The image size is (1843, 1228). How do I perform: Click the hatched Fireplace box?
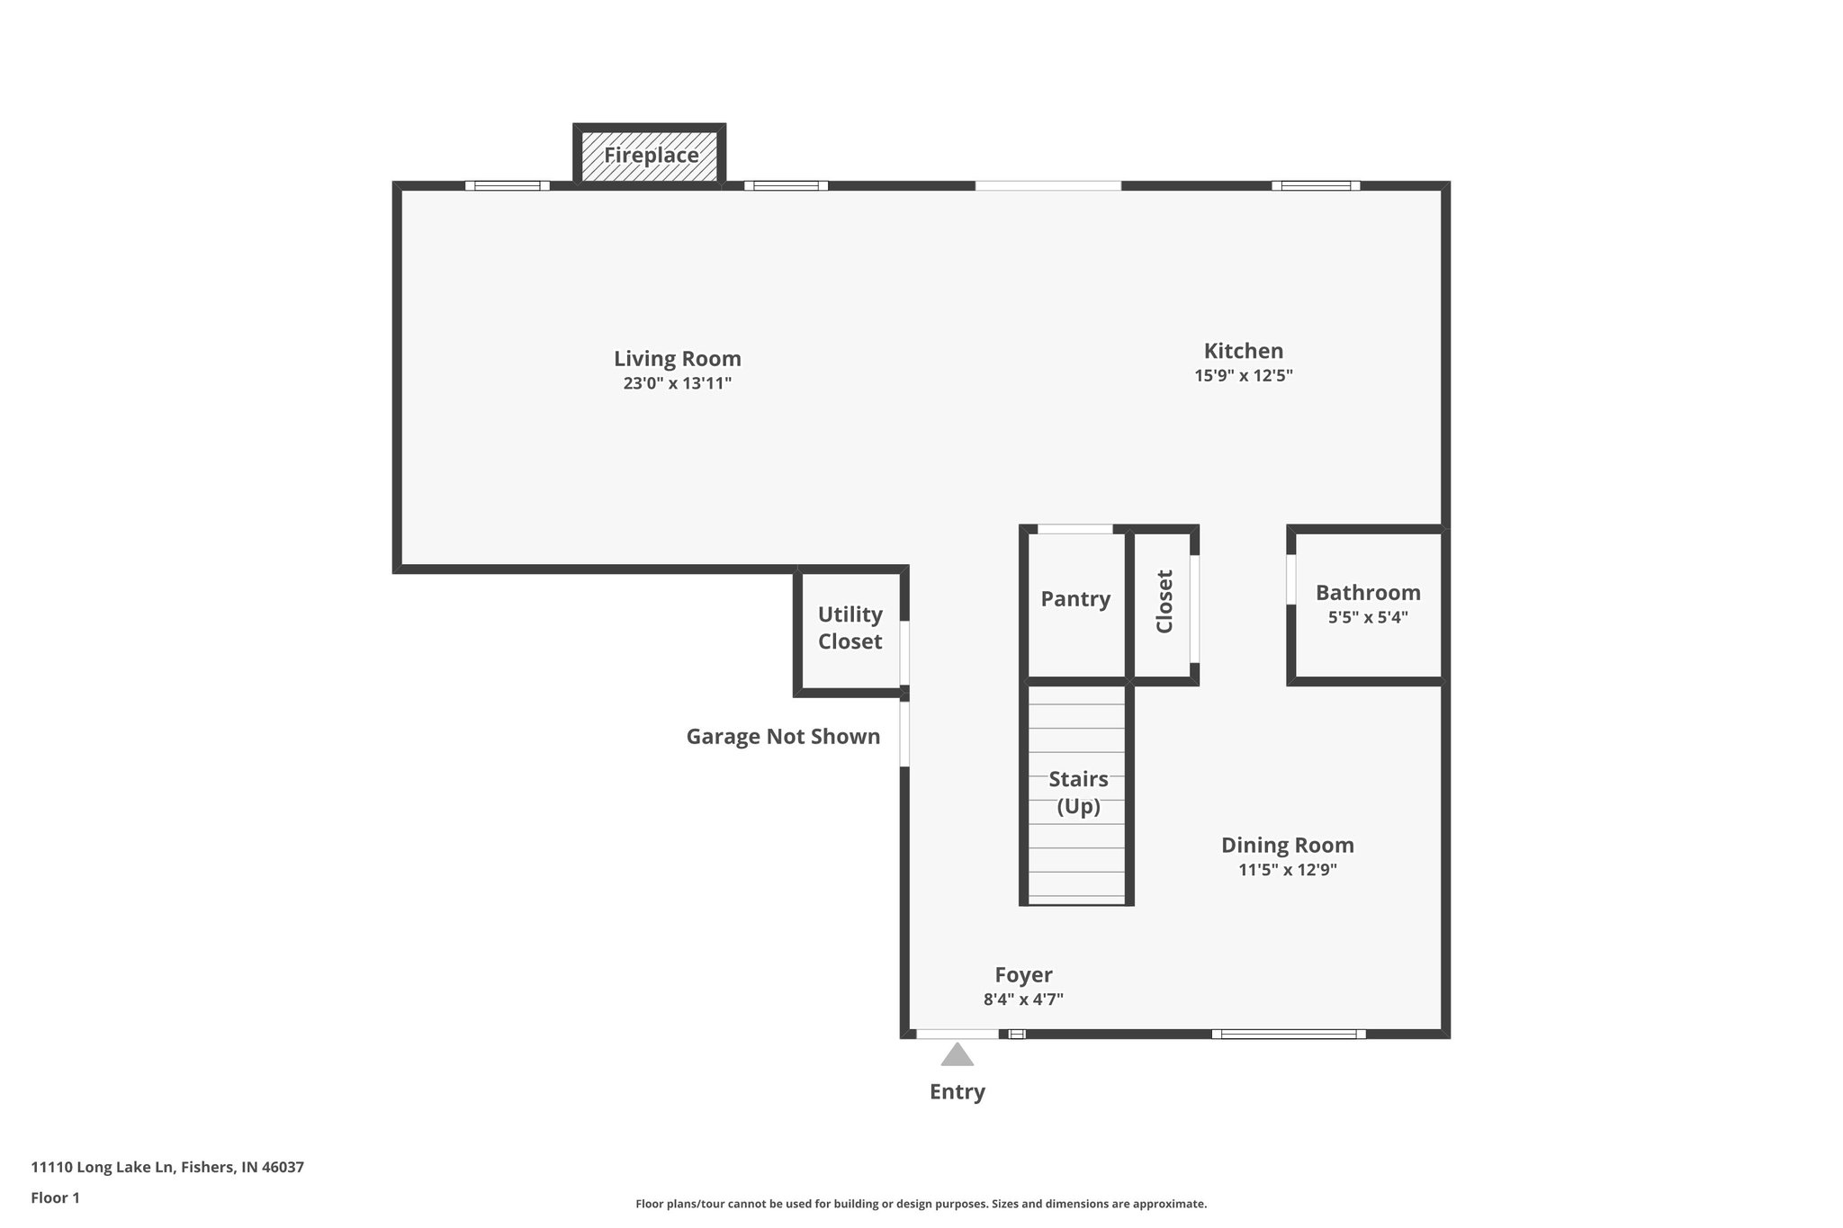(650, 156)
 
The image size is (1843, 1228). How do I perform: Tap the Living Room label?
(678, 359)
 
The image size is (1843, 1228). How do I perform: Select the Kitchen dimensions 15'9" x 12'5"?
(1244, 376)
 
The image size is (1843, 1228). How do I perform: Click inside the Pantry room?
(1076, 630)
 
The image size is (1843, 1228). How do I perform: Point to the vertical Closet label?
(1164, 602)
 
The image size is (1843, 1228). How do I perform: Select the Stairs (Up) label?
(1078, 793)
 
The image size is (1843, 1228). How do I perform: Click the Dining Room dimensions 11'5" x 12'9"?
(1288, 870)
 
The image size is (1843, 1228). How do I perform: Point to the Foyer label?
(1023, 975)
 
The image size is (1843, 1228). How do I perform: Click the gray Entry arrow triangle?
(957, 1055)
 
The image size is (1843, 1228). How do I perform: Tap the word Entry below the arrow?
(957, 1092)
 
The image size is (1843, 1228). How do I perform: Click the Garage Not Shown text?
(783, 737)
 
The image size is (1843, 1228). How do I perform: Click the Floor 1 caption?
(56, 1198)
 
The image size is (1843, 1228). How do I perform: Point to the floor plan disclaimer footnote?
(921, 1204)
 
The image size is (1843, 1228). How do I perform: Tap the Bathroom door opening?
(1291, 579)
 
